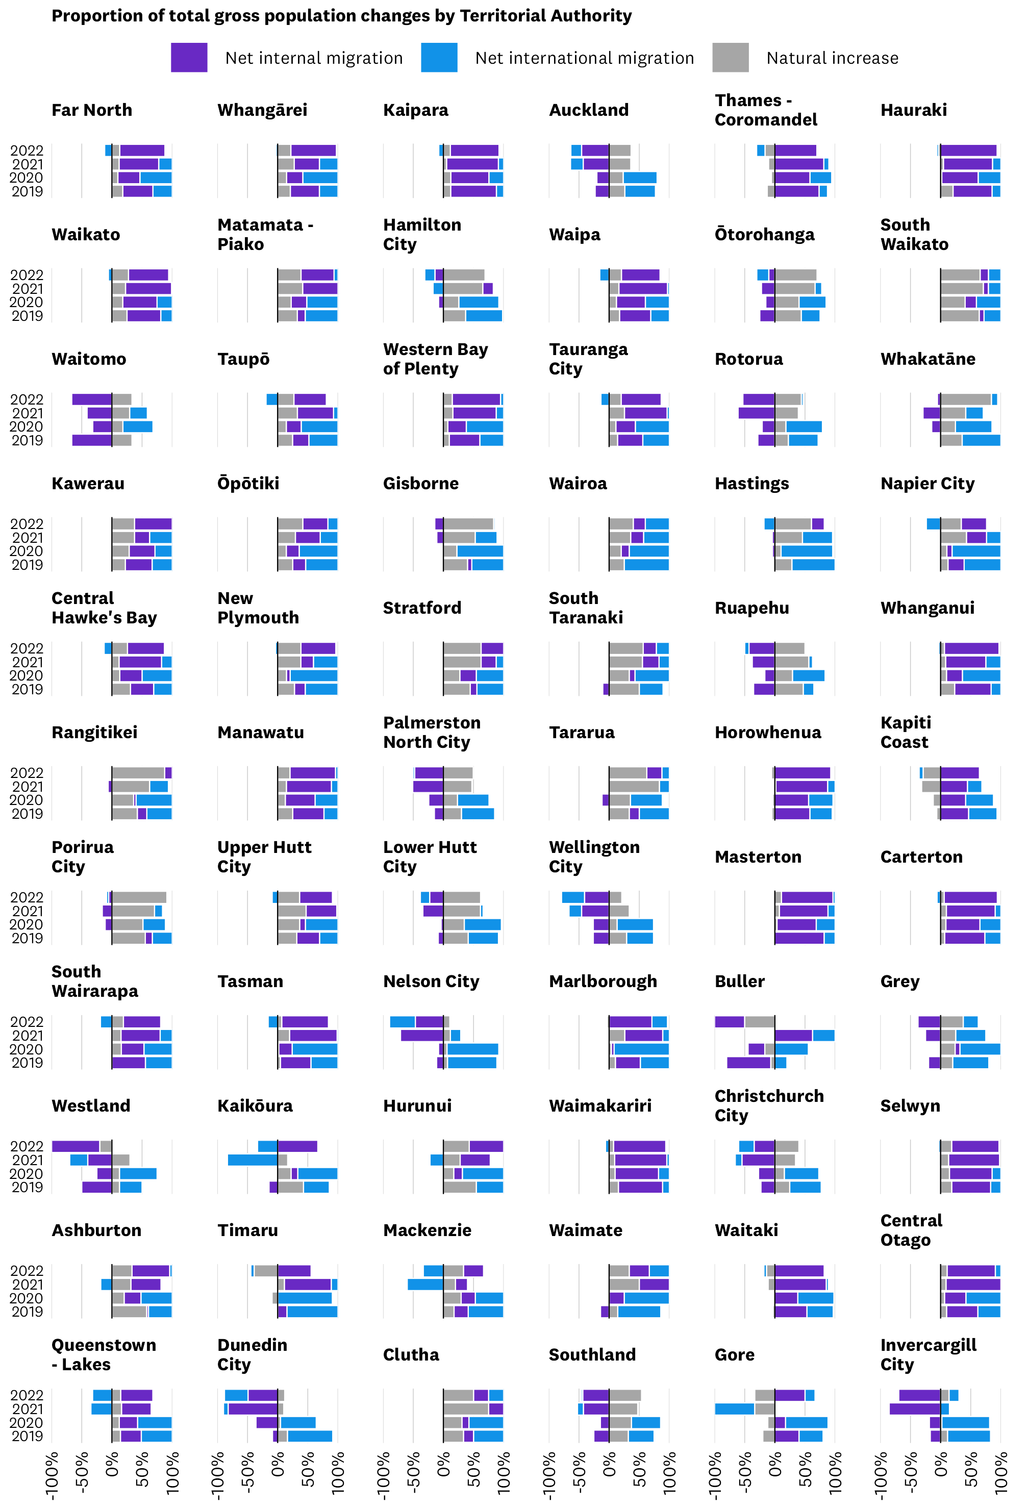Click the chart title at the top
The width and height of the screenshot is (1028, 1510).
(341, 16)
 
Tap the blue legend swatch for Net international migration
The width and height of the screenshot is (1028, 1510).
(439, 57)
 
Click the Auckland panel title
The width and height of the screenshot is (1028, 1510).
(589, 110)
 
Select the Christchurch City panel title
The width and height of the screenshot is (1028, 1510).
(769, 1106)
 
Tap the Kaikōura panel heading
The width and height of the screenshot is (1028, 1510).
(255, 1106)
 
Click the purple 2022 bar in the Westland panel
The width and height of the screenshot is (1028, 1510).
(76, 1146)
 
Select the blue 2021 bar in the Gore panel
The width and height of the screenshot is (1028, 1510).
(734, 1408)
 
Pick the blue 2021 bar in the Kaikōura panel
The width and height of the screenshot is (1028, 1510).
(253, 1160)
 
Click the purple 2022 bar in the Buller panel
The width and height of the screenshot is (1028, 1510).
(729, 1021)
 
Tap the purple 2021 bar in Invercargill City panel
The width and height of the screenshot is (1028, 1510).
(914, 1408)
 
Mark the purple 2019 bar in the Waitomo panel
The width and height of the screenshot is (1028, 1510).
(92, 440)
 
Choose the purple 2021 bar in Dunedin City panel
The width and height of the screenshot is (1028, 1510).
(253, 1408)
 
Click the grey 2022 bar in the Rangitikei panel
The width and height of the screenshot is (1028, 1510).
(138, 772)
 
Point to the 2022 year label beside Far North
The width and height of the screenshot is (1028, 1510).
(27, 150)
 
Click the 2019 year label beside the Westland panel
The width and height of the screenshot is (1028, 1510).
(27, 1187)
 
